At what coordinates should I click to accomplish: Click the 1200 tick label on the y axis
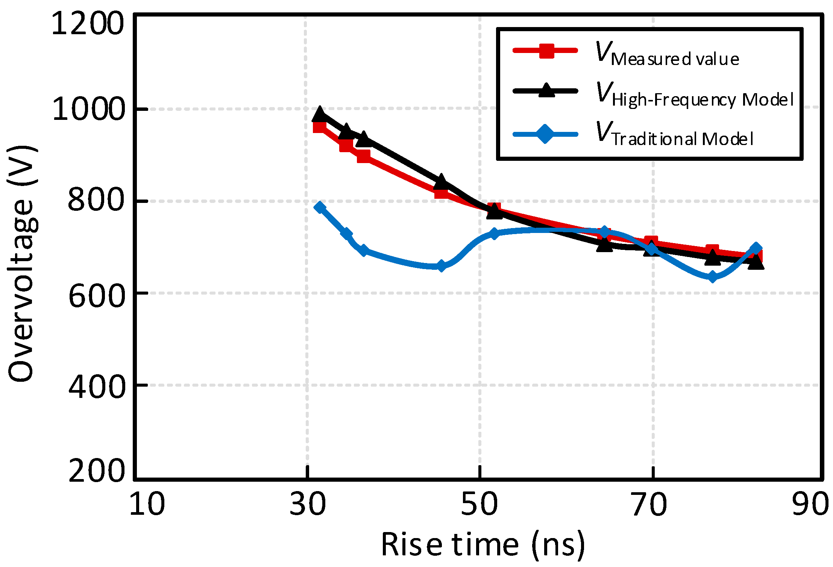(87, 23)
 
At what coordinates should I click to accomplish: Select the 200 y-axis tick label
(96, 470)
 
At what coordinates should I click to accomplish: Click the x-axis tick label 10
(147, 504)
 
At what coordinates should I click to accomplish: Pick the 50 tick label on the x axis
(479, 504)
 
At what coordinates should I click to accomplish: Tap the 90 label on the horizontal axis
(810, 504)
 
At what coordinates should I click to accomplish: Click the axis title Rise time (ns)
(483, 544)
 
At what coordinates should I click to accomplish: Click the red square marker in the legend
(546, 51)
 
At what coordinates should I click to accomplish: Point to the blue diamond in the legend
(545, 134)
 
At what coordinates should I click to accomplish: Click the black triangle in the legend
(546, 91)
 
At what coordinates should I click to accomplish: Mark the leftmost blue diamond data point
(320, 207)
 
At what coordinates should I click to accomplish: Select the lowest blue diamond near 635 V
(712, 277)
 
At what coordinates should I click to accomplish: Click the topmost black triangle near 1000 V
(320, 114)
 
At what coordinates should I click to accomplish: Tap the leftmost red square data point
(320, 127)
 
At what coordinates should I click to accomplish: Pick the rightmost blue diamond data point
(756, 248)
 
